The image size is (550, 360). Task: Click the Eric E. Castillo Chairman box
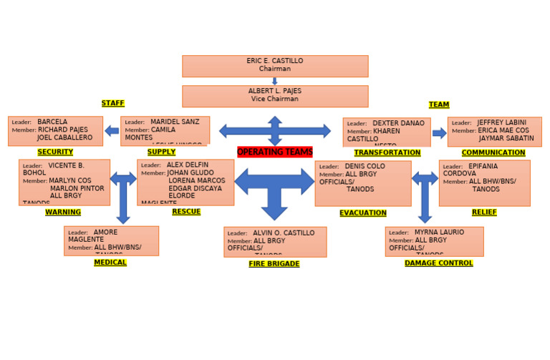(x=275, y=66)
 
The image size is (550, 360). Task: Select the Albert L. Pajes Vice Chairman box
(x=275, y=96)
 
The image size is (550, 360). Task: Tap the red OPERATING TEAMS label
(x=275, y=152)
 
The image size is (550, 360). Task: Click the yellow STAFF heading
(x=112, y=104)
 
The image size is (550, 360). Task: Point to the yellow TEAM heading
(x=439, y=105)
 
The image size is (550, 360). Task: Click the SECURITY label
(x=55, y=152)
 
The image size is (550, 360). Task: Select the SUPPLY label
(x=161, y=152)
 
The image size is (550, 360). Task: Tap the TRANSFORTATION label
(x=387, y=153)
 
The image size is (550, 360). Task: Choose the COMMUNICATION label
(x=493, y=153)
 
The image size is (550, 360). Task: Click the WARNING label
(x=63, y=213)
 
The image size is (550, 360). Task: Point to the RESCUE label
(x=186, y=212)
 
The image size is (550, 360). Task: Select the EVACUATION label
(x=362, y=213)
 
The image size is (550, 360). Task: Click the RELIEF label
(x=484, y=213)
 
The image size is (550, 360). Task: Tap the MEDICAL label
(x=110, y=263)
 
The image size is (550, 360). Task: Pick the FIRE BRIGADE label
(x=274, y=264)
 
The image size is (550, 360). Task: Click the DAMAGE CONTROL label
(x=438, y=263)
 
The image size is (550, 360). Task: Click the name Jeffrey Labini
(x=501, y=123)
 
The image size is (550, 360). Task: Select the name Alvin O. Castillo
(x=284, y=233)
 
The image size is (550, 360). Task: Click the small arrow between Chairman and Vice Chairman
(x=275, y=82)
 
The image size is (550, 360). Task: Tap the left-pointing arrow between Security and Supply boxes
(x=112, y=131)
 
